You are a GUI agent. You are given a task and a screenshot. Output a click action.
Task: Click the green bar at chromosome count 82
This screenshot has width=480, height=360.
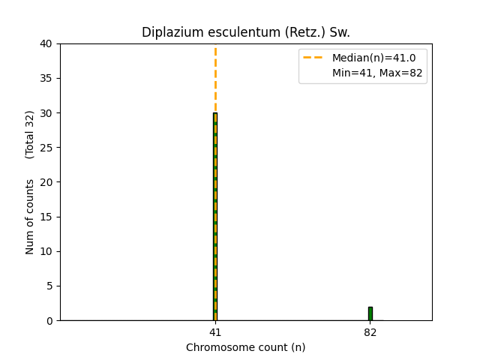click(370, 313)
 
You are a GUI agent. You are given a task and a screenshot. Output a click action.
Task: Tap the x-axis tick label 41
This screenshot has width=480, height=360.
click(215, 331)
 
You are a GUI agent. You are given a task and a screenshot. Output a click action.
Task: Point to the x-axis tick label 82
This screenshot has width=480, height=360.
click(370, 331)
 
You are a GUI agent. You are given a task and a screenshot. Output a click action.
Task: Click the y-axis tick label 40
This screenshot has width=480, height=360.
click(46, 43)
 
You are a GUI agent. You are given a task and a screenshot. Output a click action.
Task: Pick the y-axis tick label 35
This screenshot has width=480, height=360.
click(46, 78)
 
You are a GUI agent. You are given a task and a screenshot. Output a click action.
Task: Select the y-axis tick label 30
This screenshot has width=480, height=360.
click(46, 113)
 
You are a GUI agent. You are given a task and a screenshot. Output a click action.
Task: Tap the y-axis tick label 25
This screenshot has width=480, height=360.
click(46, 148)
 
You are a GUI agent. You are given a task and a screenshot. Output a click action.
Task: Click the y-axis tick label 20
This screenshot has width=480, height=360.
click(46, 182)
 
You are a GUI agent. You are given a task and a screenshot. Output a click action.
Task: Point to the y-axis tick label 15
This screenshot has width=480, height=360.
click(46, 217)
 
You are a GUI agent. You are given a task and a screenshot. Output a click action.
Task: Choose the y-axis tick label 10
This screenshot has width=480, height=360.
click(46, 251)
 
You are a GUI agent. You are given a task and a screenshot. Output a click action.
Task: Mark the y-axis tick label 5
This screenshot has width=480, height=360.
click(49, 286)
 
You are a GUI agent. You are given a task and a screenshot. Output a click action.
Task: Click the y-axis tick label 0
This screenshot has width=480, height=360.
click(49, 320)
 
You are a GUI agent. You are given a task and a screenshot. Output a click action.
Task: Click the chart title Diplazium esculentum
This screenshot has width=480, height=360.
click(246, 32)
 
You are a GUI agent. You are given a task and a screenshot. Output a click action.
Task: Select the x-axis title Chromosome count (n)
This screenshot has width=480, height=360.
click(246, 347)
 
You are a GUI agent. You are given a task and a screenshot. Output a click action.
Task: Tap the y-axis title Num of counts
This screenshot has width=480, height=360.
click(30, 217)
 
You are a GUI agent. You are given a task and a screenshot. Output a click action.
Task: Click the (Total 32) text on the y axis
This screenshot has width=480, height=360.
click(30, 134)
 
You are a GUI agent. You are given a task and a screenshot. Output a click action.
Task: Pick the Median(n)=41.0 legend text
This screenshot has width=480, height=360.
click(368, 58)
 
